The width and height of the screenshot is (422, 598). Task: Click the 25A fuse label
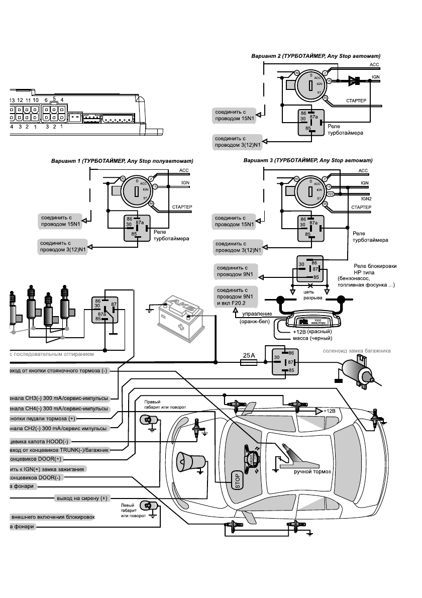[x=250, y=355]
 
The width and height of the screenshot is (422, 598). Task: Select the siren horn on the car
[x=190, y=462]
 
